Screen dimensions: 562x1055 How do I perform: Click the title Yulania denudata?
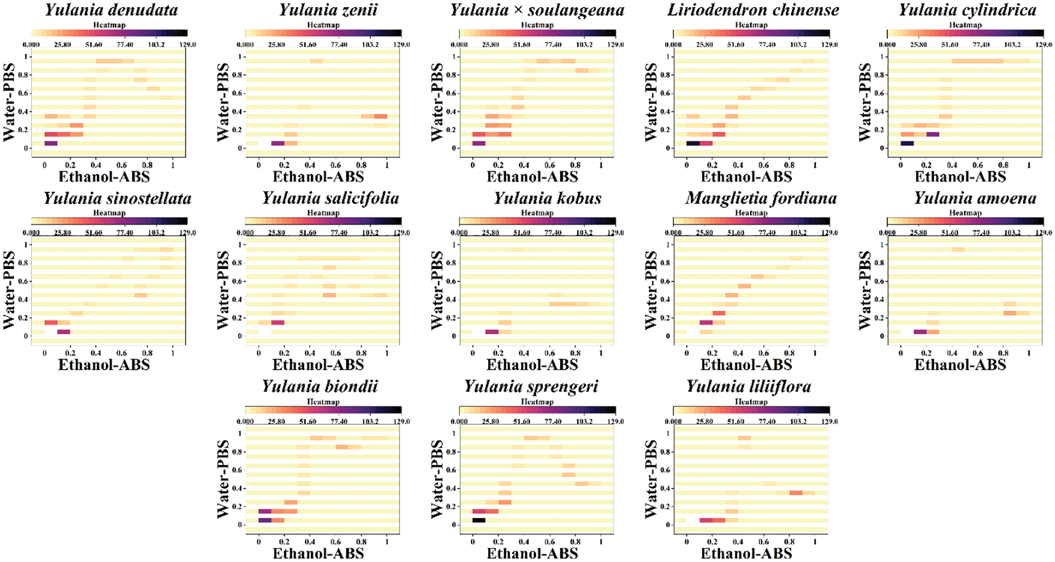(111, 10)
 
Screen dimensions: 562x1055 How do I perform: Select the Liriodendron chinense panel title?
(753, 10)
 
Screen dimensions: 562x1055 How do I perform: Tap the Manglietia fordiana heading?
(760, 198)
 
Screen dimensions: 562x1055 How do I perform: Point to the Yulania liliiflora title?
(748, 387)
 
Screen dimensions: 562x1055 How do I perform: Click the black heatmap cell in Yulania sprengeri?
(479, 520)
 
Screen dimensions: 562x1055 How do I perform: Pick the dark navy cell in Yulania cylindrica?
(907, 143)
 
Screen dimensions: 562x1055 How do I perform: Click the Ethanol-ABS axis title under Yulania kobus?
(532, 364)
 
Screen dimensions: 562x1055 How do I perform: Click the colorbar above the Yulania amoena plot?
(965, 221)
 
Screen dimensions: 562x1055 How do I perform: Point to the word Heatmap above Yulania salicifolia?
(323, 213)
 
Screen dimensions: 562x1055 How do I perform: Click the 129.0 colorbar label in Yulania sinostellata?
(187, 233)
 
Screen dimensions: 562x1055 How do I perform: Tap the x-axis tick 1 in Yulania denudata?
(173, 165)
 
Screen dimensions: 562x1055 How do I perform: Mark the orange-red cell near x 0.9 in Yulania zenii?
(381, 116)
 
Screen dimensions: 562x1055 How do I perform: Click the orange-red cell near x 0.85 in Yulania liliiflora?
(795, 493)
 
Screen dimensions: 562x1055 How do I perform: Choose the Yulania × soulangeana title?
(537, 10)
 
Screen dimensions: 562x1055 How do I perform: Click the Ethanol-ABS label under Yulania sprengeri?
(532, 553)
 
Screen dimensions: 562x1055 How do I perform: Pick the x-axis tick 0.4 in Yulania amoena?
(952, 353)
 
